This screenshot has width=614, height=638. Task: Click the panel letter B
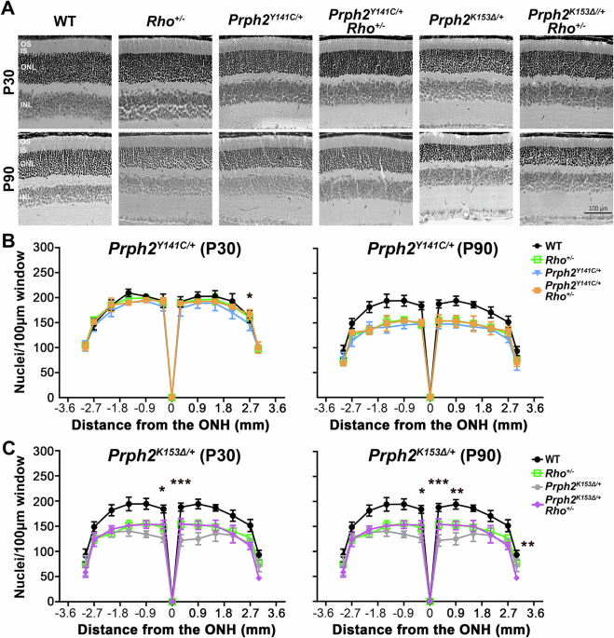coord(7,242)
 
